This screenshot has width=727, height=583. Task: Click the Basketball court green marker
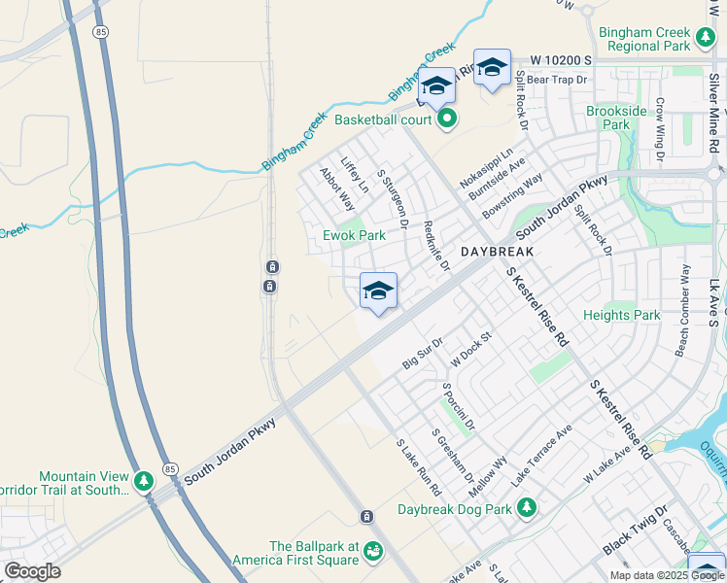pos(447,120)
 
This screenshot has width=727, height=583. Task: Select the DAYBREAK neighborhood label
pos(499,250)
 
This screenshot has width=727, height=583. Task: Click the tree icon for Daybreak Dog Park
pos(527,507)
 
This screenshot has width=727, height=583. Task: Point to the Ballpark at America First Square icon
pos(372,552)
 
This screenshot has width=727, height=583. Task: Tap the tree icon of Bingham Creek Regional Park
pos(708,39)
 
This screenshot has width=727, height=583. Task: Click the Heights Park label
pos(621,315)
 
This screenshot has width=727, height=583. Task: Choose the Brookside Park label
pos(616,118)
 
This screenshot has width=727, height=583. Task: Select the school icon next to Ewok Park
pos(378,291)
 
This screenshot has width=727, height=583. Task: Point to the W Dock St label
pos(472,348)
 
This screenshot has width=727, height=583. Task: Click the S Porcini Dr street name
pos(458,407)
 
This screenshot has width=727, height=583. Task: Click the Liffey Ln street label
pos(355,172)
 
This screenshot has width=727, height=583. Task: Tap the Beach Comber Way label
pos(683,309)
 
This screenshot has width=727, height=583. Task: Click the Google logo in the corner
pos(33,570)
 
